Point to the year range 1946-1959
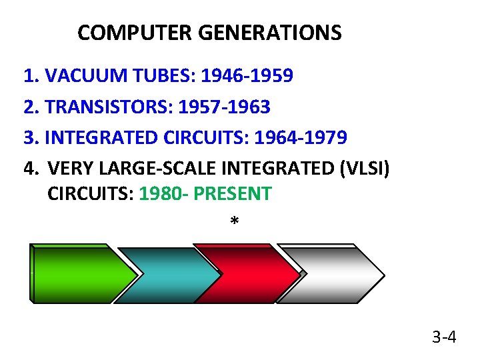pos(247,76)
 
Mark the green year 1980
pos(158,194)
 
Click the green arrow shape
pos(81,274)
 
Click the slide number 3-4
pos(444,337)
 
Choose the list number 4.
pos(29,168)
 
